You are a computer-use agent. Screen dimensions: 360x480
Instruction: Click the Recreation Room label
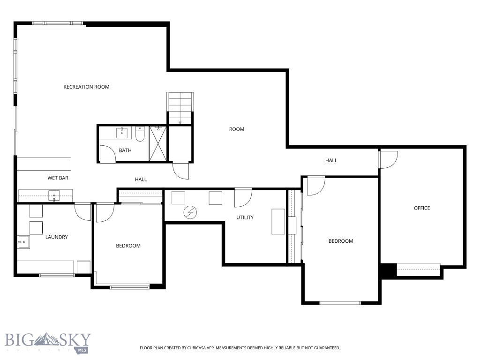pyautogui.click(x=86, y=87)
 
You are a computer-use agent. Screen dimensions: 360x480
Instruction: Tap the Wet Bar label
pyautogui.click(x=58, y=178)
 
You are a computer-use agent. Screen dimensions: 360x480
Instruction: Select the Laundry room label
pyautogui.click(x=56, y=237)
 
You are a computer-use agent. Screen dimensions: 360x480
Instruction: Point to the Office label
pyautogui.click(x=421, y=208)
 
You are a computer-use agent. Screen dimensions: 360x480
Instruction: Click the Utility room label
pyautogui.click(x=245, y=217)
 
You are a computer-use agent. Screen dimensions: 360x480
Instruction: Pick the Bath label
pyautogui.click(x=125, y=150)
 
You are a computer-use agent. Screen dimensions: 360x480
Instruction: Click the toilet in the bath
pyautogui.click(x=140, y=135)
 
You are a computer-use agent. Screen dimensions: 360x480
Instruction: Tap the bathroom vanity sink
pyautogui.click(x=122, y=133)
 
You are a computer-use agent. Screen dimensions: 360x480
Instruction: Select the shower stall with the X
pyautogui.click(x=158, y=144)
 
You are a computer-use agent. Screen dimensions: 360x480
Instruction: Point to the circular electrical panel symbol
pyautogui.click(x=190, y=213)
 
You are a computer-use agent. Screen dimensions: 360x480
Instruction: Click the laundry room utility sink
pyautogui.click(x=22, y=242)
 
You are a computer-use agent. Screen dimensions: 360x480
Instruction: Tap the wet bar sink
pyautogui.click(x=54, y=195)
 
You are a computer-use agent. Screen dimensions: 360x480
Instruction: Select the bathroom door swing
pyautogui.click(x=107, y=153)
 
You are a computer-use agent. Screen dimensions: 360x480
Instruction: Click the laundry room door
pyautogui.click(x=83, y=211)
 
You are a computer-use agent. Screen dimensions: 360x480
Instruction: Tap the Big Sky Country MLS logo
pyautogui.click(x=48, y=343)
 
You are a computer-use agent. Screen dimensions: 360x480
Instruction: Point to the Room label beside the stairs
pyautogui.click(x=236, y=129)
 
